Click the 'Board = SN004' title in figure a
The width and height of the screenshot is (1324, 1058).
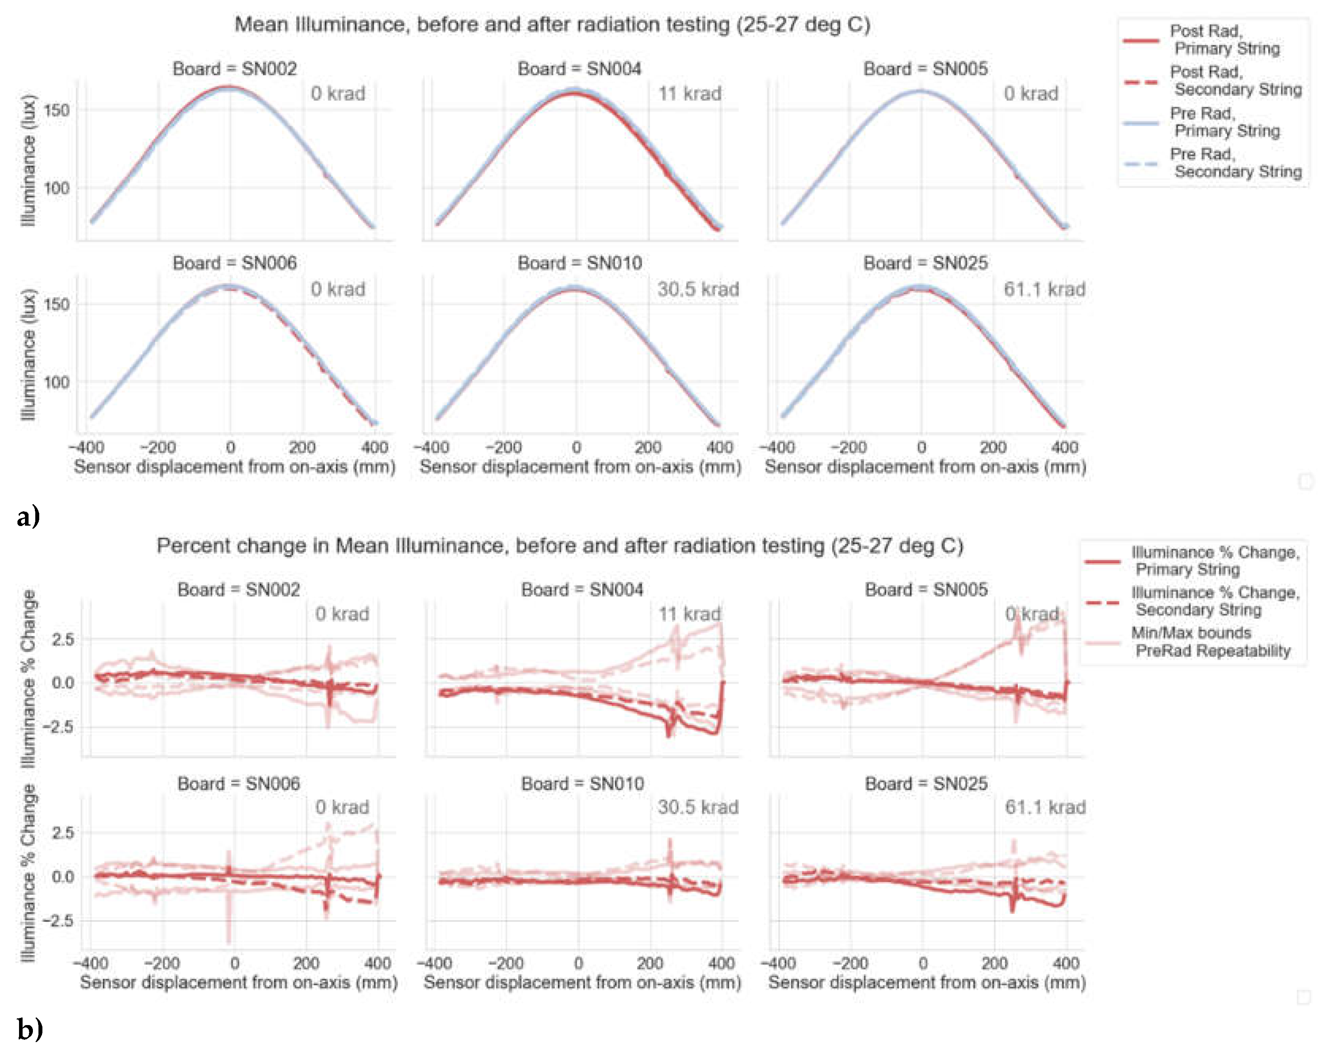579,69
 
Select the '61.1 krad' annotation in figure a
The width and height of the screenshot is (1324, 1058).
1044,289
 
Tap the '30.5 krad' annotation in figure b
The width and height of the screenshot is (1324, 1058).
698,807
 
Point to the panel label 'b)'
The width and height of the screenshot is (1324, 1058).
29,1029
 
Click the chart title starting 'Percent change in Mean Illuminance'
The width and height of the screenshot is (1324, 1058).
559,545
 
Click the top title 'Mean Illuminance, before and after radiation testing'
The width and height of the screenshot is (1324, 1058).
552,25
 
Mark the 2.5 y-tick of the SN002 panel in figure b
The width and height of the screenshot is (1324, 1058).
63,639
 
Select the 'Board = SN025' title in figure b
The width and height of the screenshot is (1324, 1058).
926,783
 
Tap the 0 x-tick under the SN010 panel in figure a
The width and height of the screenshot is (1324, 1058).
576,447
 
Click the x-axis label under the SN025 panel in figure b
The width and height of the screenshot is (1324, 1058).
927,982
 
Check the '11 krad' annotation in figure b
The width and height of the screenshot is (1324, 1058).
689,614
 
